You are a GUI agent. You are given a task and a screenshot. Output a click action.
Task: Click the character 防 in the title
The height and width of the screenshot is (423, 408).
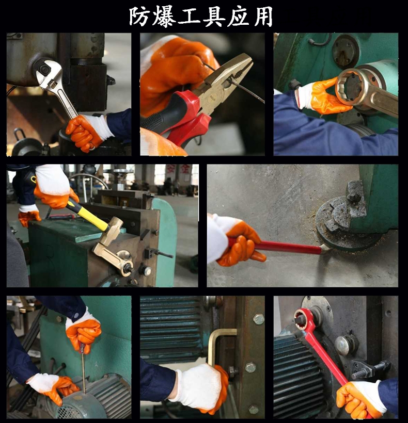pyautogui.click(x=139, y=16)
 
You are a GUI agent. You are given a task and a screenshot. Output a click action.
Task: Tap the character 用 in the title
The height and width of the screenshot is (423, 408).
pyautogui.click(x=263, y=17)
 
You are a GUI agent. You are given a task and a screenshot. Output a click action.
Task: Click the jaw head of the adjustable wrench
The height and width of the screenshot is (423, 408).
pyautogui.click(x=48, y=72)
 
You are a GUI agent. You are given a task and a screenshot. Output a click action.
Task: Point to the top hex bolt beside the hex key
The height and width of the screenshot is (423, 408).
pyautogui.click(x=258, y=319)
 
